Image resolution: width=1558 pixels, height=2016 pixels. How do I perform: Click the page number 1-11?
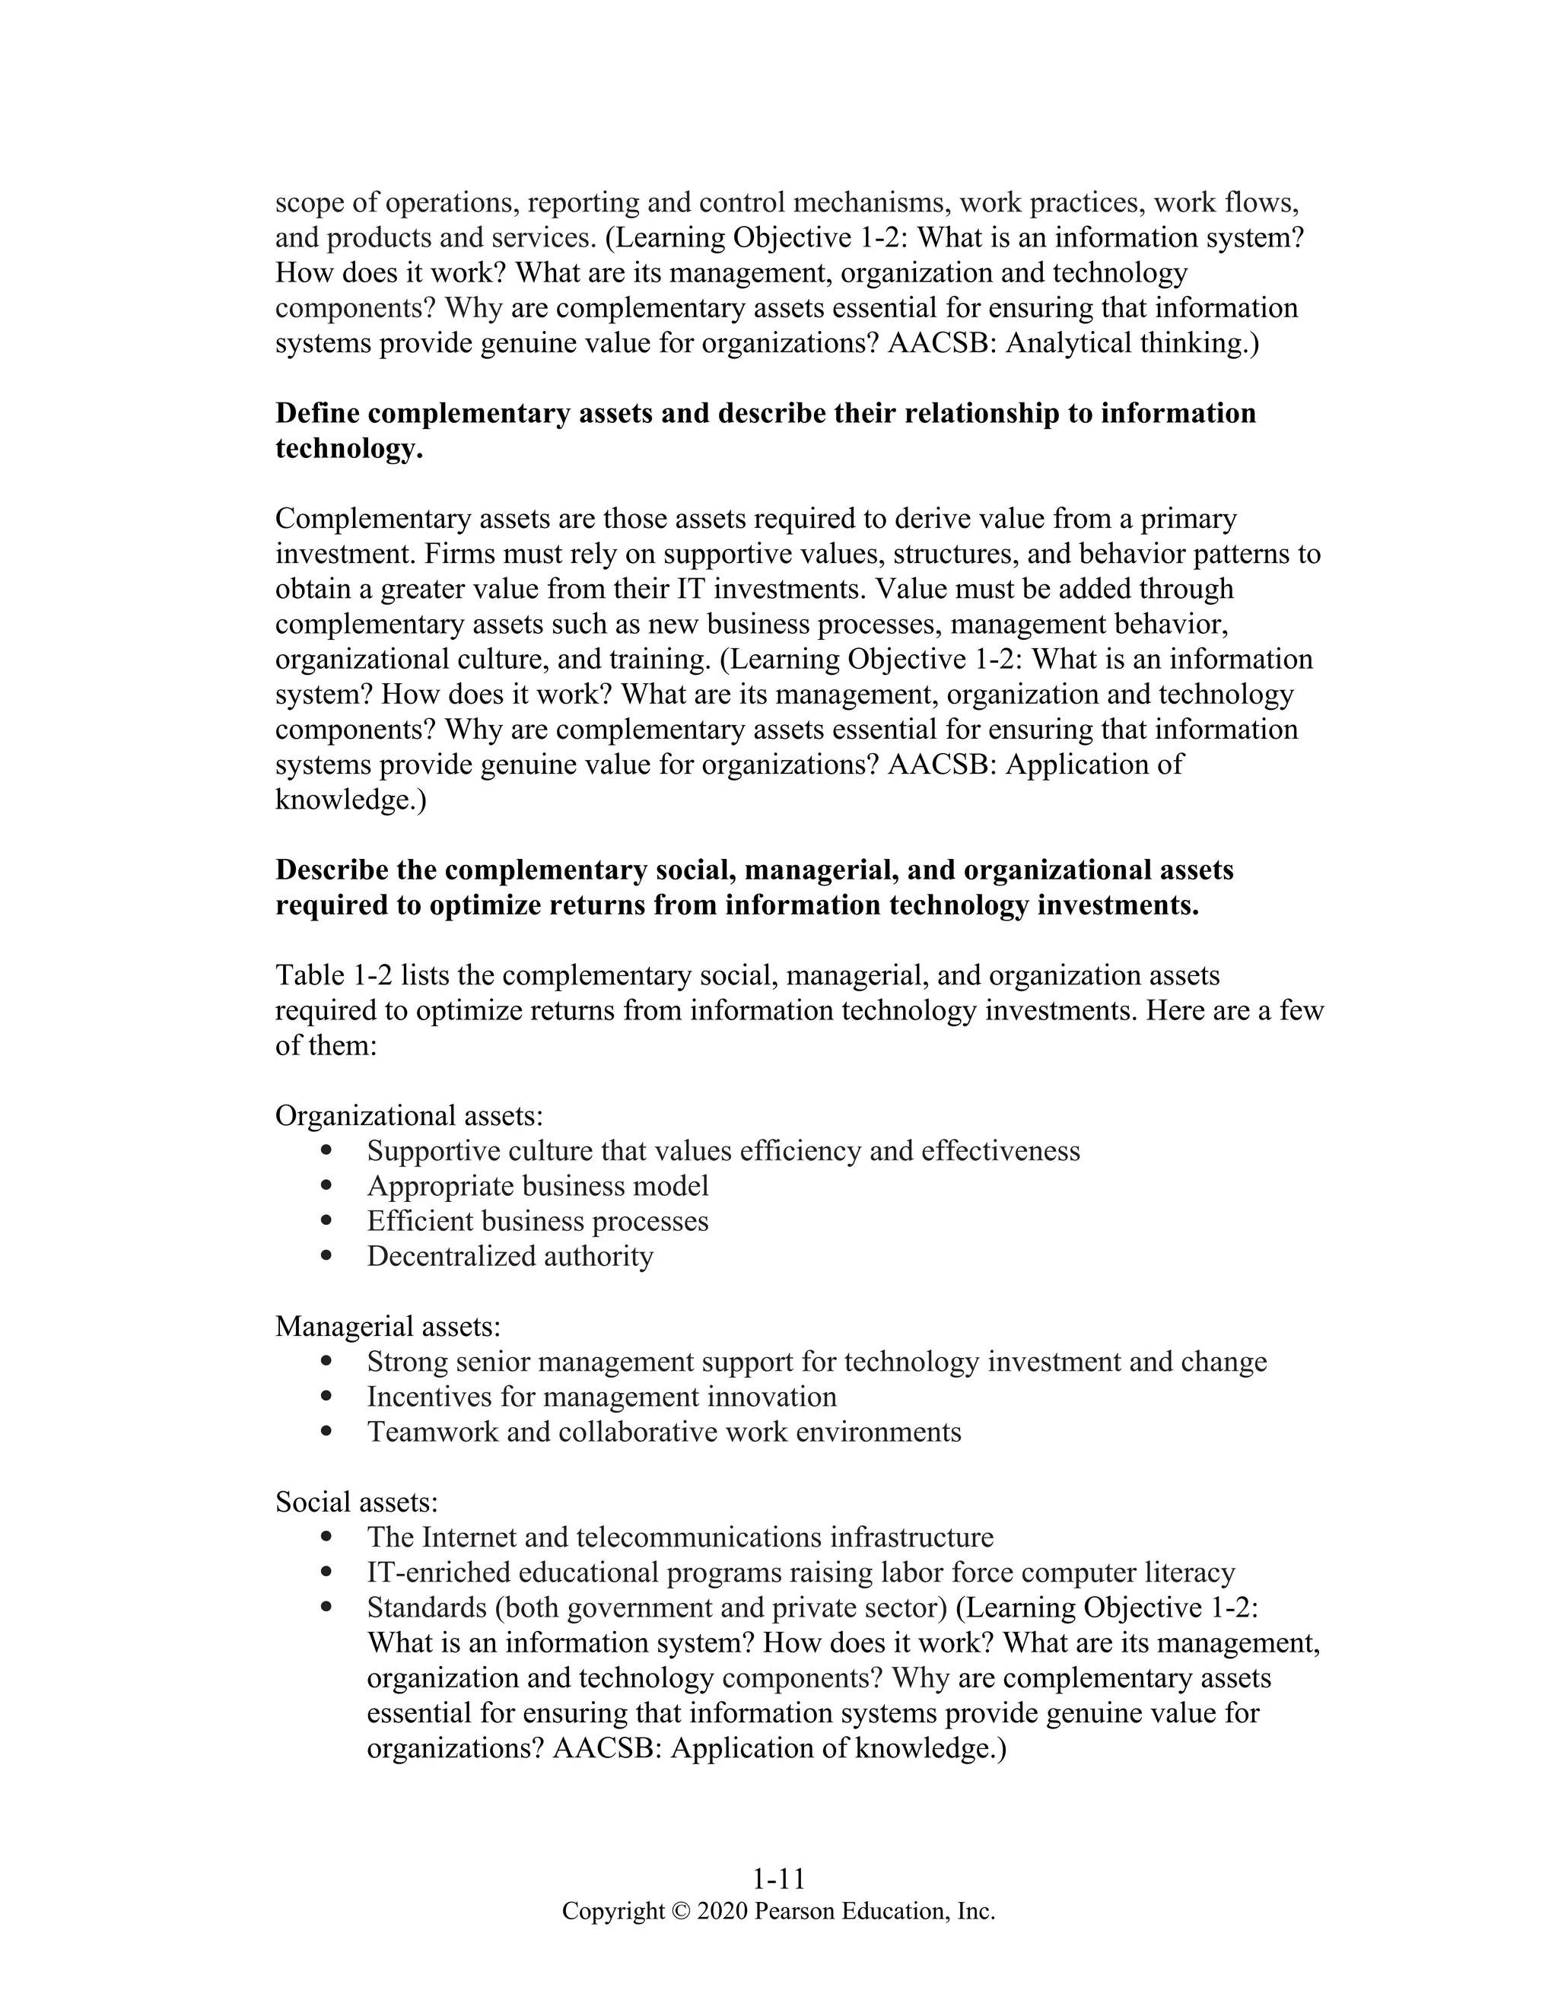[x=778, y=1879]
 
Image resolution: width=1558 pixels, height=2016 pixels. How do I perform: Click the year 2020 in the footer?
[x=722, y=1909]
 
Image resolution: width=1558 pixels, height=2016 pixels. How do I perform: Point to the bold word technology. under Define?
[x=349, y=449]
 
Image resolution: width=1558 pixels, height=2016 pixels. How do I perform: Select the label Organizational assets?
[x=409, y=1115]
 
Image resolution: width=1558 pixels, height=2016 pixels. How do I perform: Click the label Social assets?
[x=356, y=1501]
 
